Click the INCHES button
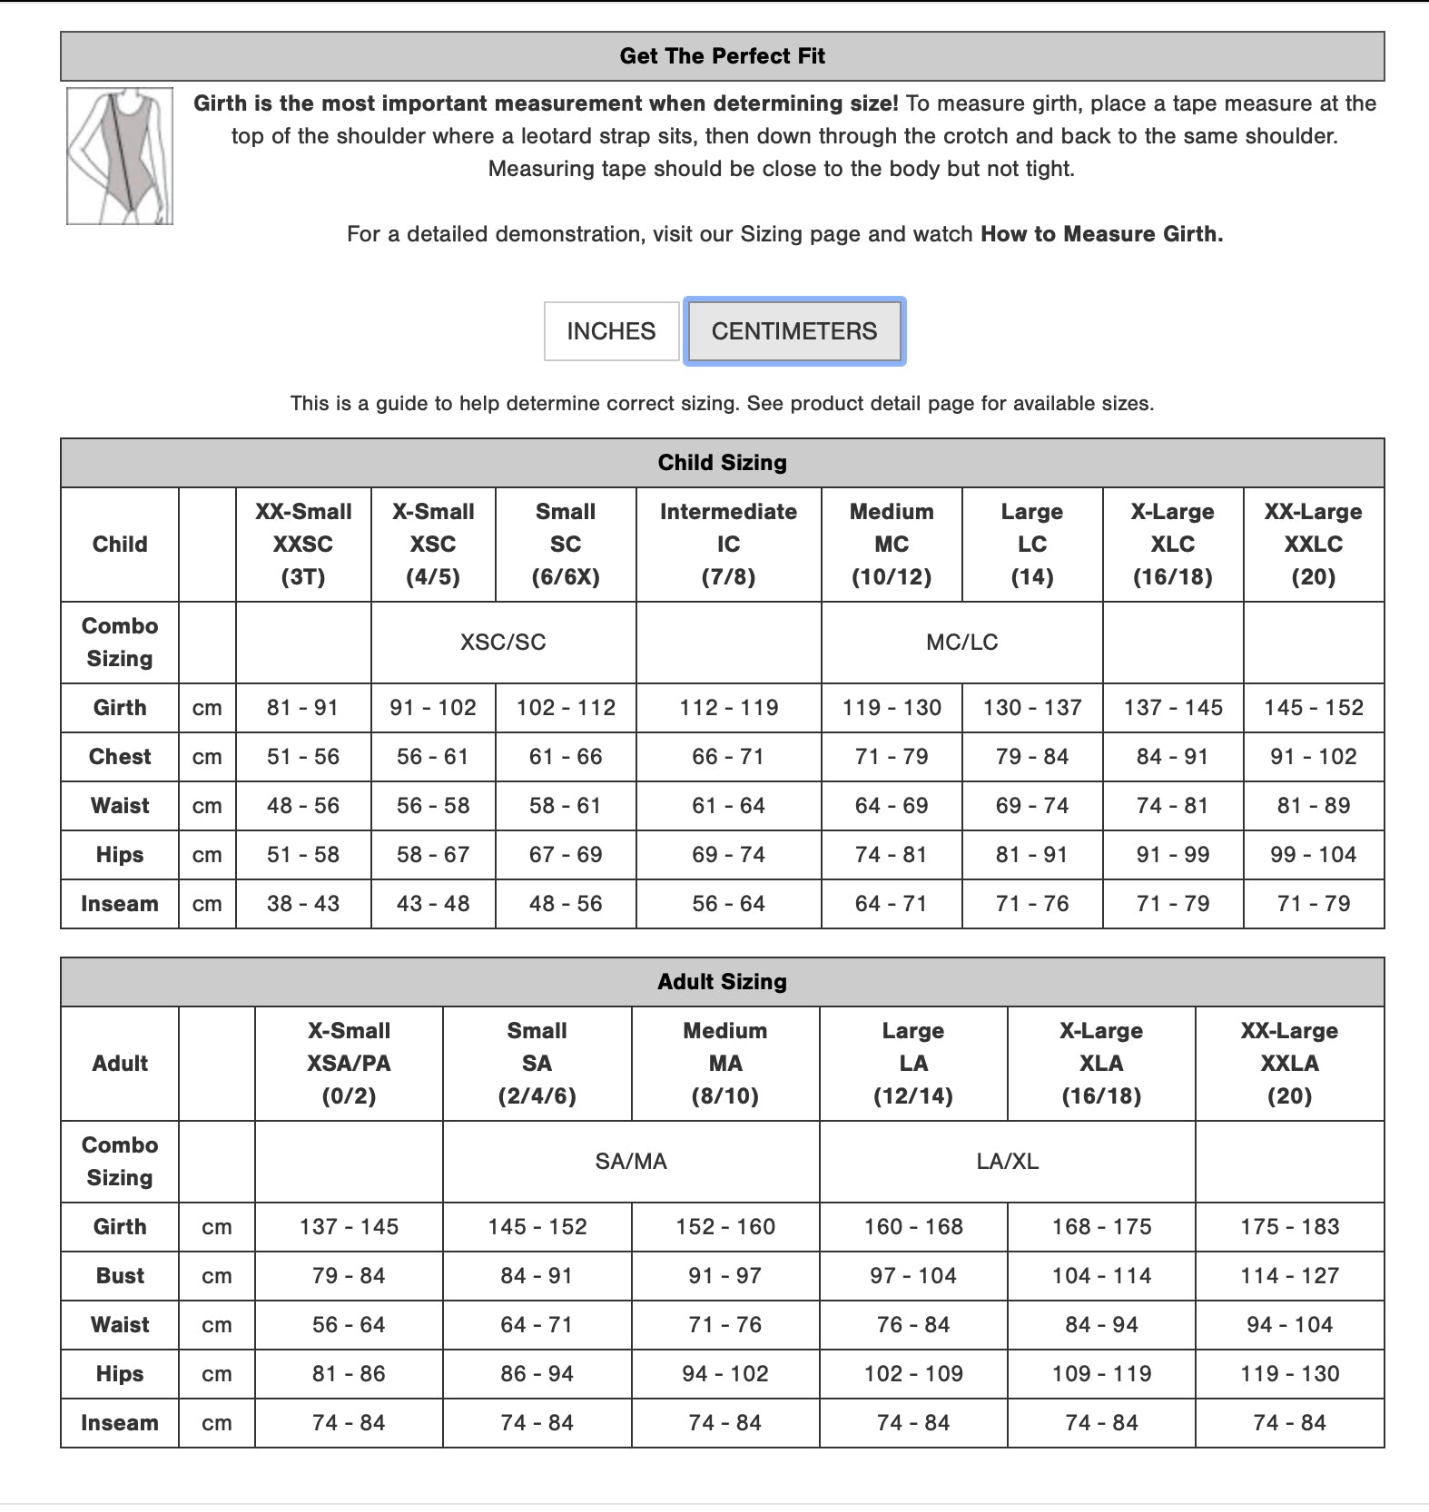click(611, 331)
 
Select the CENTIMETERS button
click(794, 331)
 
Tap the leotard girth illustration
click(120, 156)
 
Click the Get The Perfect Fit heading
click(722, 56)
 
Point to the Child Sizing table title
click(722, 463)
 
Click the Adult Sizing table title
click(722, 982)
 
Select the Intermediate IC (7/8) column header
click(728, 545)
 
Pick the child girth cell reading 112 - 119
click(728, 708)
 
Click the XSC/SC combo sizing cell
click(503, 643)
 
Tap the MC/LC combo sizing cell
click(961, 643)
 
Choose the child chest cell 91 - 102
click(1313, 757)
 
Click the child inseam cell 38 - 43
click(303, 904)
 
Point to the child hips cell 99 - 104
click(1313, 855)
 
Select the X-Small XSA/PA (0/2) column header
click(349, 1064)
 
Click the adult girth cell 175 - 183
click(1289, 1227)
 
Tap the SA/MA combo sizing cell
click(631, 1162)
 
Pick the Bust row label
click(120, 1276)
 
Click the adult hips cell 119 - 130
click(1289, 1374)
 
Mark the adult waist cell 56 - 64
click(349, 1325)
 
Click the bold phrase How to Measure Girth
click(1101, 234)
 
